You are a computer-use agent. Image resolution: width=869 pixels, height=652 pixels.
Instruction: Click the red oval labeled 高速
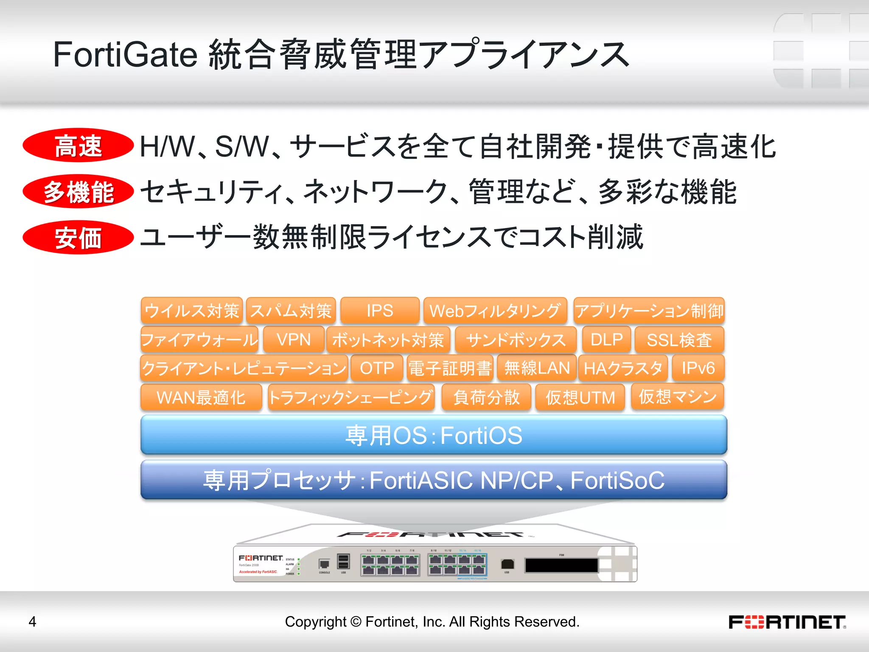tap(78, 145)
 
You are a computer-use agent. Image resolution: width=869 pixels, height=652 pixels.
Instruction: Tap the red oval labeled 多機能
tap(78, 191)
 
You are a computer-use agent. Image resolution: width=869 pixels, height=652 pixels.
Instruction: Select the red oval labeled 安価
tap(78, 237)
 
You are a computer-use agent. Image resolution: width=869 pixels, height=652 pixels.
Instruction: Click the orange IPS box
tap(380, 311)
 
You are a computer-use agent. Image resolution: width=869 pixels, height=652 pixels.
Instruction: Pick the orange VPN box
tap(294, 340)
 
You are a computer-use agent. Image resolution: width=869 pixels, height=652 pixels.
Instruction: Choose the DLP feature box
tap(606, 340)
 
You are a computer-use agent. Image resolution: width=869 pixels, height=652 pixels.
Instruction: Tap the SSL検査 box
tap(679, 340)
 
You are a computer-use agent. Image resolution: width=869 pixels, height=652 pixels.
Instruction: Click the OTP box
tap(377, 368)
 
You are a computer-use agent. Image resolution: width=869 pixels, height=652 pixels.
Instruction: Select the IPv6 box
tap(698, 368)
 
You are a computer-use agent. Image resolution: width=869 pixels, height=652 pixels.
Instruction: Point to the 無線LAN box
tap(537, 368)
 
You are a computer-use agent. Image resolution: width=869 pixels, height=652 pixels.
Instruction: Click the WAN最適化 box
tap(201, 397)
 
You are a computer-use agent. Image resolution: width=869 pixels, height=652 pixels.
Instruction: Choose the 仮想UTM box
tap(580, 397)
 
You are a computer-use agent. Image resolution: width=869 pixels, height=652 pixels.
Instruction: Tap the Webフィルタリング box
tap(495, 311)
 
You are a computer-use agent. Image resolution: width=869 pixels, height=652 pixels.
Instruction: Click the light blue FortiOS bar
tap(434, 435)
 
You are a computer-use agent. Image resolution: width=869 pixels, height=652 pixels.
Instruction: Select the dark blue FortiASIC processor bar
tap(434, 480)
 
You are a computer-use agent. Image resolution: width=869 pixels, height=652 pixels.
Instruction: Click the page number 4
tap(32, 622)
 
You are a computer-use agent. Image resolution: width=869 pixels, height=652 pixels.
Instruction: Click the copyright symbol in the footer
tap(356, 622)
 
